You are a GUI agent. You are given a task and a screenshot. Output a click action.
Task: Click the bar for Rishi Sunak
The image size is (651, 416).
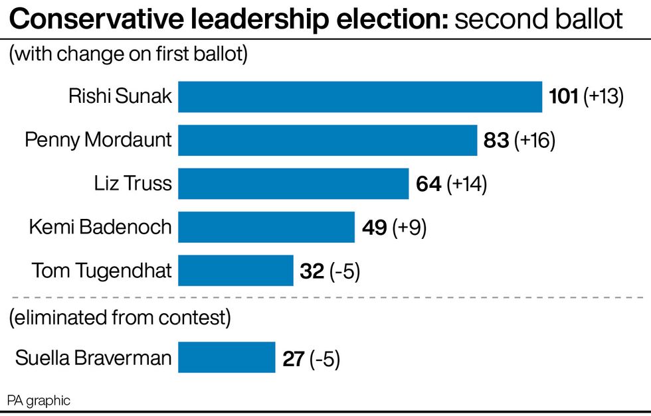point(360,97)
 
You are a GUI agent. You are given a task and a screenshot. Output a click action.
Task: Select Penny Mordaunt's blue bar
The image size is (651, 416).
point(327,140)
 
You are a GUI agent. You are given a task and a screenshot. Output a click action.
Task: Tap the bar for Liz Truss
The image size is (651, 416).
point(293,184)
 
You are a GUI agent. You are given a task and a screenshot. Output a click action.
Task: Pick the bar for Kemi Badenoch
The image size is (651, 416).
point(266,228)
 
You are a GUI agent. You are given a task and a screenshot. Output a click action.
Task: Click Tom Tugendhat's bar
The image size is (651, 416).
point(235,271)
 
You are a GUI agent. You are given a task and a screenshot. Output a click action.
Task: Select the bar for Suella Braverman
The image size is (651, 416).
point(226,358)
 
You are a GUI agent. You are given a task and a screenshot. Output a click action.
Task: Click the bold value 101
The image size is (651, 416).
point(564,97)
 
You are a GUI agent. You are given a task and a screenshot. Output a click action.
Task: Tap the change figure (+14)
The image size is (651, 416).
point(467,184)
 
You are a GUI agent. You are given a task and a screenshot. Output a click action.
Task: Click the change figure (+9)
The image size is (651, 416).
point(409,228)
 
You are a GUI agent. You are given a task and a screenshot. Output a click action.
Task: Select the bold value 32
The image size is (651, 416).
point(312,271)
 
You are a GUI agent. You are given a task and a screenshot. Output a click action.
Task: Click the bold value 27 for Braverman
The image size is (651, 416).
point(293,358)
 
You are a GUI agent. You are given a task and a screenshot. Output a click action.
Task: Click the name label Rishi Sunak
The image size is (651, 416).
point(120,97)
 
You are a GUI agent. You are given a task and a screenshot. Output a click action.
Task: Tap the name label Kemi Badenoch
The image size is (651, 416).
point(100,228)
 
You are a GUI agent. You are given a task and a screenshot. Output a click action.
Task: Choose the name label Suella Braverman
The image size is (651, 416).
point(93,358)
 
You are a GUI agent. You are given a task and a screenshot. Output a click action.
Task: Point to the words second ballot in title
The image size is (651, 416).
point(538,20)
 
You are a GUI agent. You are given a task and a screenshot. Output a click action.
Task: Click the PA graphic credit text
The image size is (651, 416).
point(39,401)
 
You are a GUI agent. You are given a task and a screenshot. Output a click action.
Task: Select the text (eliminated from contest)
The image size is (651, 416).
point(120,318)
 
